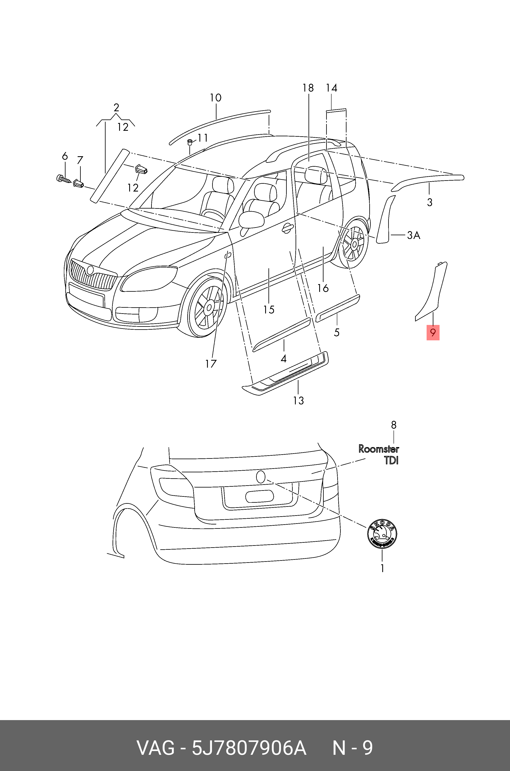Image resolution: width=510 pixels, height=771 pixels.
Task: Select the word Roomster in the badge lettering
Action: point(379,449)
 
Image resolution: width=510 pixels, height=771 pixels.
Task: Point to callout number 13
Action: point(298,400)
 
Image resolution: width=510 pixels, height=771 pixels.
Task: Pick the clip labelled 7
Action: point(78,184)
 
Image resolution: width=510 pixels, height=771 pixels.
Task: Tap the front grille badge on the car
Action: point(90,270)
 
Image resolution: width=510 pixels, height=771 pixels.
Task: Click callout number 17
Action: point(211,364)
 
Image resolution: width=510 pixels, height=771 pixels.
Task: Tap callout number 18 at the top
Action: point(308,88)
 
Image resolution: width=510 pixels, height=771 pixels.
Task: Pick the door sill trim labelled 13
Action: point(286,374)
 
